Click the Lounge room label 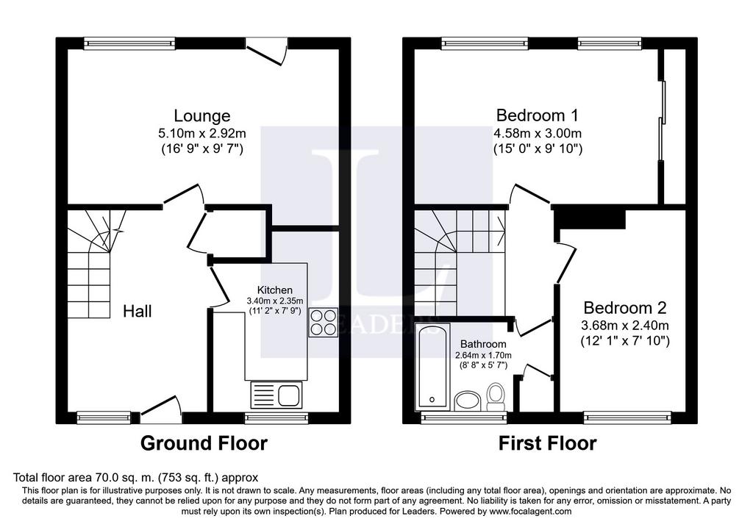coord(201,115)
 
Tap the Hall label coord(138,312)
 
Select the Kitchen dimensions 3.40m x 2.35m coord(275,301)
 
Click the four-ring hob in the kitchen coord(323,322)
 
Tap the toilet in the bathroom coord(495,397)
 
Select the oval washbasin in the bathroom coord(467,401)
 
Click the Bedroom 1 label coord(538,115)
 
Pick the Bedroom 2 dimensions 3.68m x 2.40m coord(625,326)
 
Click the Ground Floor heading coord(204,443)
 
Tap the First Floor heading coord(547,443)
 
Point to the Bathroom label coord(483,344)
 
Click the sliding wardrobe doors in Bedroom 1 coord(663,120)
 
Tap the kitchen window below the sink coord(276,417)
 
